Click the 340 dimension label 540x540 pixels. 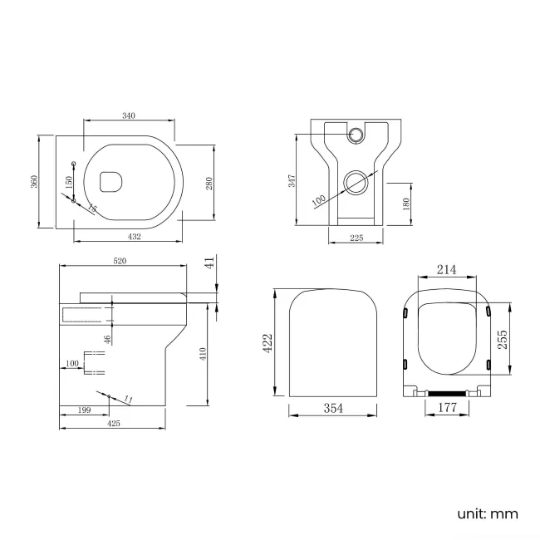pos(129,115)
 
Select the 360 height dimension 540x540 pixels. pos(35,181)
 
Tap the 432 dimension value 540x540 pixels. pos(134,237)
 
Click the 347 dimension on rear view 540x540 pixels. pos(292,180)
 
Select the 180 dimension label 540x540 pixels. pos(405,204)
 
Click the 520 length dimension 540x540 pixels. pos(120,261)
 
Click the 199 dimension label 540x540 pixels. pos(84,410)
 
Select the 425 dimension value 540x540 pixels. pos(114,424)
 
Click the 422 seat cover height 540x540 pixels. pos(268,343)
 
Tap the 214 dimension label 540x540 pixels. pos(448,270)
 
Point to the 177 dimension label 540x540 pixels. pos(448,408)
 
